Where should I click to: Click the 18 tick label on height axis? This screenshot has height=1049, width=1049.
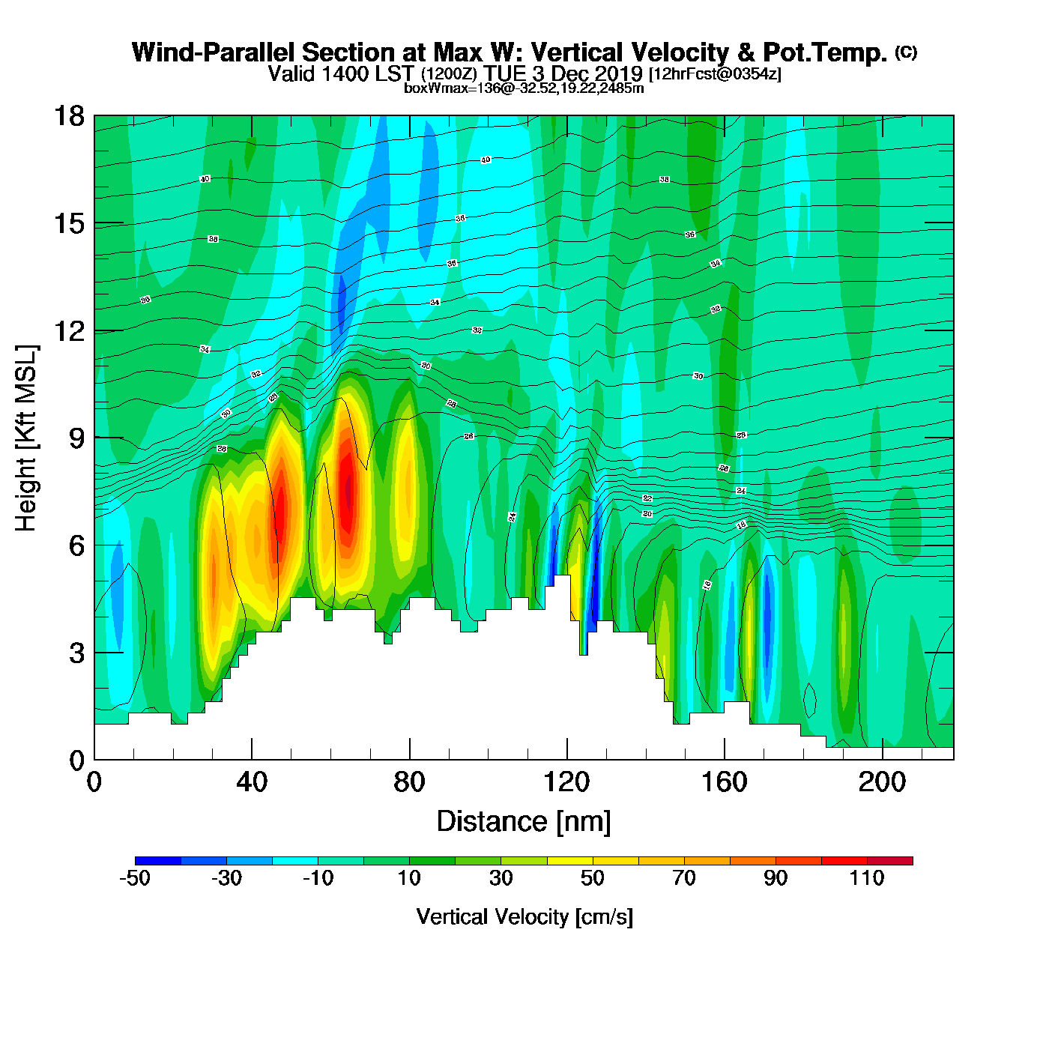point(68,116)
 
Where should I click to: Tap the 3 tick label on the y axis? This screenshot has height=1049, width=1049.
point(77,653)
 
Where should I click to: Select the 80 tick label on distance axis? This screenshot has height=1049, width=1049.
point(409,783)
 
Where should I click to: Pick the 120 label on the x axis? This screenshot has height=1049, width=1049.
point(566,783)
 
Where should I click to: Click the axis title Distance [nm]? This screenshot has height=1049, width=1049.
point(524,822)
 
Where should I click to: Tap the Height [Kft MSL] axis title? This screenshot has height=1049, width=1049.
point(26,438)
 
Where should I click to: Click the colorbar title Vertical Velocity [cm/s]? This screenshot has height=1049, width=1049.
point(524,916)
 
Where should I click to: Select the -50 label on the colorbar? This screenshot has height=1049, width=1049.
point(135,878)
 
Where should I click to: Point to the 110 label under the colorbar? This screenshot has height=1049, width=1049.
point(867,878)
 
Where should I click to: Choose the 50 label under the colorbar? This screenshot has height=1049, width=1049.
point(593,878)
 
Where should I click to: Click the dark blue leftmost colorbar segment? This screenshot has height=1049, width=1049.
point(158,861)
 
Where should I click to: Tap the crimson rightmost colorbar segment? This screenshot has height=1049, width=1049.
point(890,861)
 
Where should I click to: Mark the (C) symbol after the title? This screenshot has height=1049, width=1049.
point(906,52)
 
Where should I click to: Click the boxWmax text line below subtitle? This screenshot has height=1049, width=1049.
point(524,88)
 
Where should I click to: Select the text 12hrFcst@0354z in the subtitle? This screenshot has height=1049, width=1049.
point(716,74)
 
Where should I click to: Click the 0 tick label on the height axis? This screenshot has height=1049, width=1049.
point(77,761)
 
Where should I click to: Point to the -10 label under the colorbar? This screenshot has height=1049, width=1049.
point(318,878)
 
